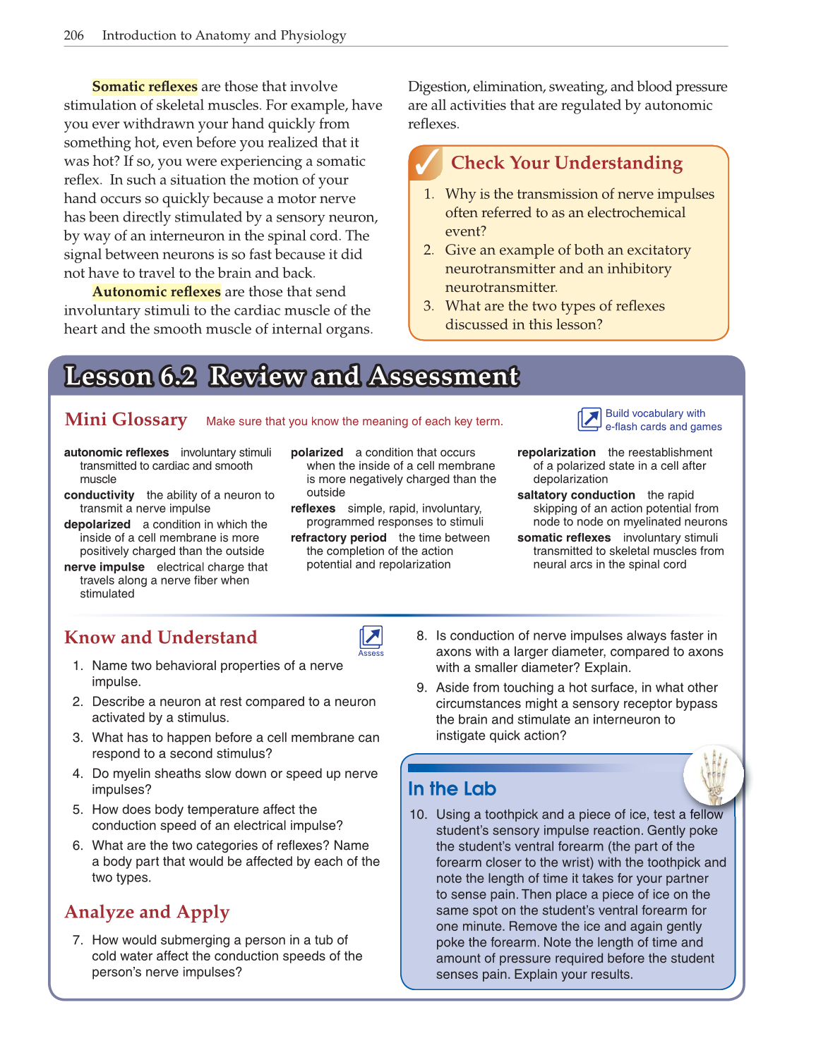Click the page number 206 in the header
coord(73,35)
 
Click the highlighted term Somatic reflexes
coord(145,87)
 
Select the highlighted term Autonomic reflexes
coord(156,292)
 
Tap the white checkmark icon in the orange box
coord(427,163)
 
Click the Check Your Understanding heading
coord(566,163)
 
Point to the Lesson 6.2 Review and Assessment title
coord(292,377)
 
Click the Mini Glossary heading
coord(126,420)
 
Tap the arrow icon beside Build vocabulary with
coord(589,420)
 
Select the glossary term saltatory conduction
coord(575,495)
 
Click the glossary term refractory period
coord(338,537)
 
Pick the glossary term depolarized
coord(97,524)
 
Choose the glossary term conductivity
coord(99,495)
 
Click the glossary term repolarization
coord(556,452)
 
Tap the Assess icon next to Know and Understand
coord(371,638)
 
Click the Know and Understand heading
coord(160,638)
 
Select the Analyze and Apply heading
coord(147,912)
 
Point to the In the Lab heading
coord(452,788)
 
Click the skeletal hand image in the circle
coord(713,774)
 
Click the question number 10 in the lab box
coord(418,815)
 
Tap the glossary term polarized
coord(316,452)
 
